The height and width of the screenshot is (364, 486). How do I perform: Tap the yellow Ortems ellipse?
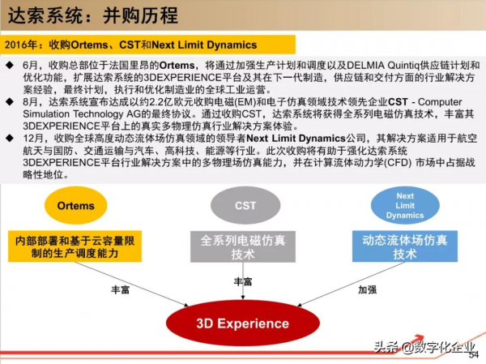click(76, 206)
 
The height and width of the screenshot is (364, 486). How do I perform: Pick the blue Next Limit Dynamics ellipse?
click(405, 206)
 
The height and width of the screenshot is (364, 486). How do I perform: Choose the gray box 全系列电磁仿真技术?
click(242, 246)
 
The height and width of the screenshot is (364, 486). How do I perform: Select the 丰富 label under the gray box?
click(242, 281)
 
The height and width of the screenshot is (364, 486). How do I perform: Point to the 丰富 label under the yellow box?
click(122, 289)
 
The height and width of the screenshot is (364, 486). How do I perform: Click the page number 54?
click(474, 355)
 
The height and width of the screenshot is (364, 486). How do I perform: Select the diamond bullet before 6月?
click(9, 64)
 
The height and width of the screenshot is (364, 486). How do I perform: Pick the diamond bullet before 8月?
click(9, 102)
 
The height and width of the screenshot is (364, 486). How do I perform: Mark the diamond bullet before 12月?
click(9, 139)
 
